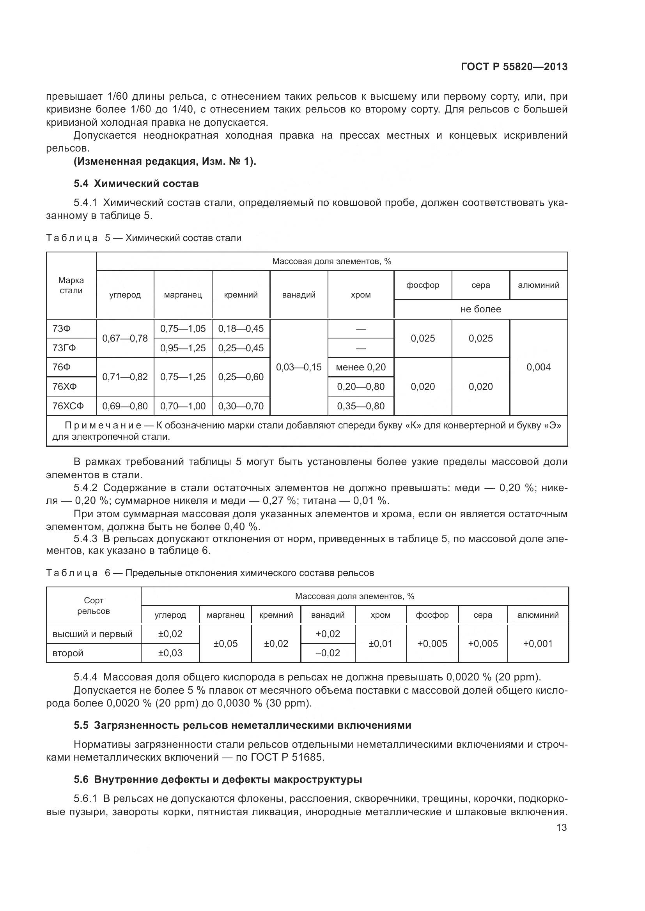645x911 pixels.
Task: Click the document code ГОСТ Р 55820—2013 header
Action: [514, 67]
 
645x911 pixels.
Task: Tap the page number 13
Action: [561, 827]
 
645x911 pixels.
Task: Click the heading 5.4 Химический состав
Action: [136, 183]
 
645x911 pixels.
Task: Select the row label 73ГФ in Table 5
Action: [64, 348]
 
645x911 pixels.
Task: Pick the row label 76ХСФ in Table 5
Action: [68, 406]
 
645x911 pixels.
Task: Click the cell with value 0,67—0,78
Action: [125, 338]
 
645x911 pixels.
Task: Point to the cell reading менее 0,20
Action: [361, 367]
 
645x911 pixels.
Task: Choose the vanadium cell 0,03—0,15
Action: [299, 367]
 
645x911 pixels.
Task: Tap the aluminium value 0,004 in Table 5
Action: [538, 367]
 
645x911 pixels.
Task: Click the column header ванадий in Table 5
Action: [299, 295]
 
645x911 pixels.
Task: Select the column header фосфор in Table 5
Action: [423, 285]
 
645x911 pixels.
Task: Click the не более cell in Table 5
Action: [480, 309]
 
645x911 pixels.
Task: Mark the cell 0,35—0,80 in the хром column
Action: [361, 406]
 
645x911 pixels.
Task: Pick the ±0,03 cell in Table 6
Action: [170, 653]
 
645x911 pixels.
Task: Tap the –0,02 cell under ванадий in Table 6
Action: [328, 653]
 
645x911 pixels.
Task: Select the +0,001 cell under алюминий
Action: [538, 643]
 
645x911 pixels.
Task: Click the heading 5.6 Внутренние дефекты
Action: [218, 779]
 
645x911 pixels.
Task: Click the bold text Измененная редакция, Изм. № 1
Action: [165, 162]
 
